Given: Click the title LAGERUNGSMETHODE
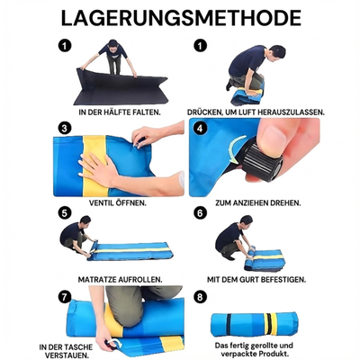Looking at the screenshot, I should tap(180, 18).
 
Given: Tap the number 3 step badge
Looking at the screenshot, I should tap(65, 128).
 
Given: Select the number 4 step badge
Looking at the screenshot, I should tap(200, 128).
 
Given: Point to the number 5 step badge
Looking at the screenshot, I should tap(65, 213).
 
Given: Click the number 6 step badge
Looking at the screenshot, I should tap(200, 213).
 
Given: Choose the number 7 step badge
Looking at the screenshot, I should tap(65, 296).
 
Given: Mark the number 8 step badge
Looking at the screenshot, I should tap(200, 296).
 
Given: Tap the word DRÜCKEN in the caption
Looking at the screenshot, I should tap(208, 112).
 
